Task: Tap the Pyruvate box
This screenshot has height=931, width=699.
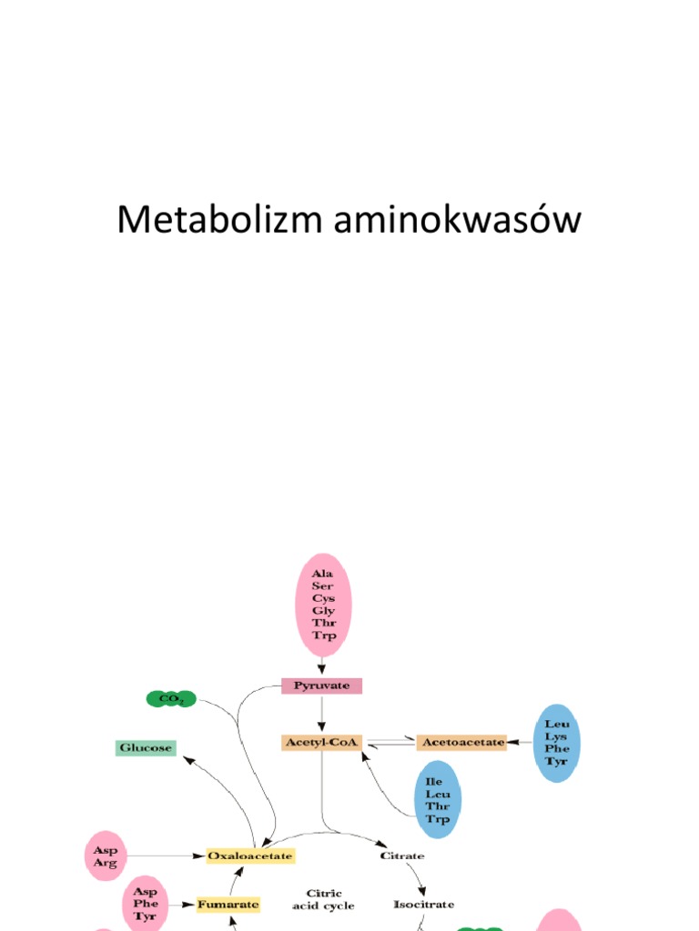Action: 322,686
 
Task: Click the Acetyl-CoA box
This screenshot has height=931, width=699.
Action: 322,742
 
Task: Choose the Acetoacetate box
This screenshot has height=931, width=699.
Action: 461,742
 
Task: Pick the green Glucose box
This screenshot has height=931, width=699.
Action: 146,747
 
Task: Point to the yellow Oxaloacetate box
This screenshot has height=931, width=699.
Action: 250,856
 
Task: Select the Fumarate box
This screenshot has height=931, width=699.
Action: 228,904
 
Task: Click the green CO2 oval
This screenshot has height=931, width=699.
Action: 171,698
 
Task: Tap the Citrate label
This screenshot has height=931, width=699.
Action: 401,856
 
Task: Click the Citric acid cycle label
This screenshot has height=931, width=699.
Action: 323,899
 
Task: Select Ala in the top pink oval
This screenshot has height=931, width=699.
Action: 322,574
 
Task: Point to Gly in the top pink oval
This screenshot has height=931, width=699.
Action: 323,610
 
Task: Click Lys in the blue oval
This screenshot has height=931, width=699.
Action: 556,736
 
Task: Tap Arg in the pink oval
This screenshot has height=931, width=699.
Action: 105,863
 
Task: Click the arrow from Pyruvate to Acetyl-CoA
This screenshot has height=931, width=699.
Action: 322,714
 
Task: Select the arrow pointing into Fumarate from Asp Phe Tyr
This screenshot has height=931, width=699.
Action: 182,905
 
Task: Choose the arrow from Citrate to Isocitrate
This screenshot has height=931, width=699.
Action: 418,876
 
